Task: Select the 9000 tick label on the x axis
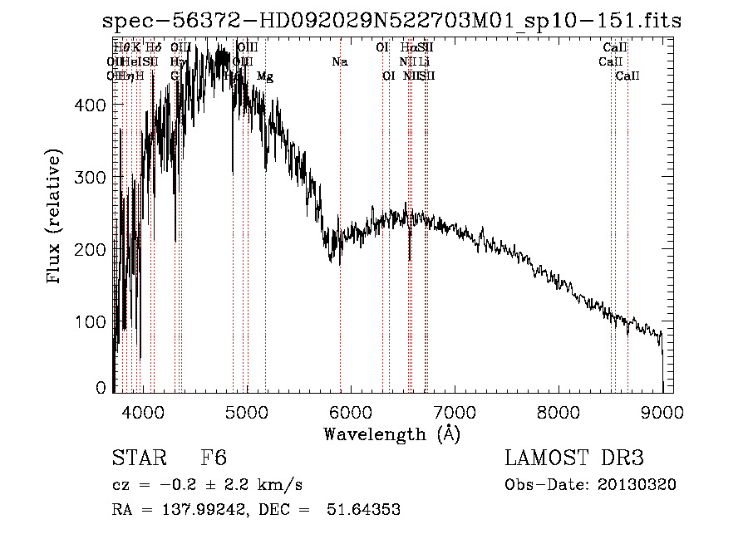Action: [662, 413]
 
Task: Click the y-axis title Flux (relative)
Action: [56, 218]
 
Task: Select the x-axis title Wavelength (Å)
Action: [391, 434]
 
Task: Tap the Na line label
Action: [339, 62]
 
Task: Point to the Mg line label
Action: [264, 76]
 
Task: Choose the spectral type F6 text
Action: [214, 458]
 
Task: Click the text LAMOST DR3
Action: [574, 458]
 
